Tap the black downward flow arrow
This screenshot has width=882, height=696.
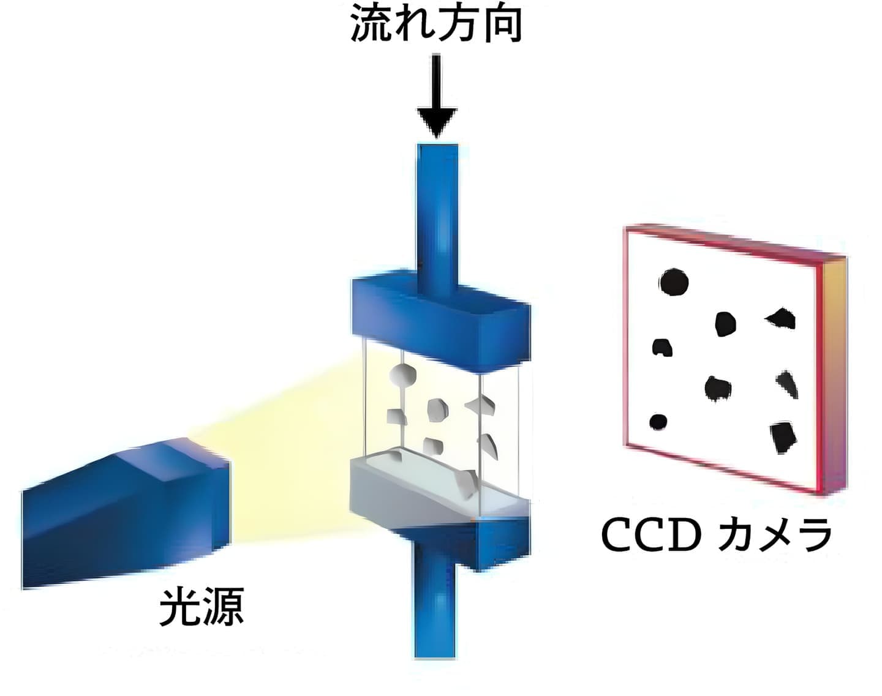pyautogui.click(x=437, y=96)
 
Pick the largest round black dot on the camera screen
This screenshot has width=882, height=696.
pyautogui.click(x=674, y=282)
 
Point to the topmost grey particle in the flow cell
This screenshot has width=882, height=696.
pyautogui.click(x=402, y=375)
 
